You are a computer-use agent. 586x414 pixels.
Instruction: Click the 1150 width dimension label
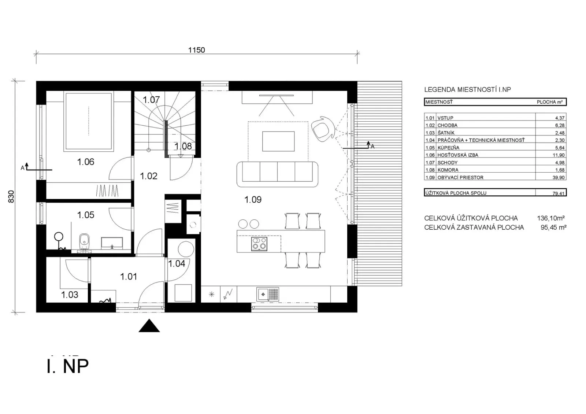196,50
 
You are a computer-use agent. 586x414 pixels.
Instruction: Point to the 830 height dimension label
11,196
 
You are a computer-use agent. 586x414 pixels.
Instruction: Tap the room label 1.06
86,162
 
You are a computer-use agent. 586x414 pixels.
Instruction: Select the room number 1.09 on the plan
253,200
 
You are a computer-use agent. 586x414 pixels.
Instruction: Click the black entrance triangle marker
149,326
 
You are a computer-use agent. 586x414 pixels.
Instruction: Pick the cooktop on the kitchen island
259,244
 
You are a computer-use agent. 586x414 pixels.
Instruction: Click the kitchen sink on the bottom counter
268,294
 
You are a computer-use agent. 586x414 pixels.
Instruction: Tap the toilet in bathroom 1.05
84,241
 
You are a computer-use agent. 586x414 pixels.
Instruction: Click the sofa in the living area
277,174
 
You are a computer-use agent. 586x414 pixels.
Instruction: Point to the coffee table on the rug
278,141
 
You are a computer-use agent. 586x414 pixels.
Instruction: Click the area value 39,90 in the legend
559,177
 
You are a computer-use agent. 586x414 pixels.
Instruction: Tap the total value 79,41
559,193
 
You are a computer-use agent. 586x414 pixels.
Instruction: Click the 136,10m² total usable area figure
551,218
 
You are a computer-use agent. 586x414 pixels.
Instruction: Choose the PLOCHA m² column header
550,102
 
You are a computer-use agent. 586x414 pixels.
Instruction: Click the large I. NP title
68,366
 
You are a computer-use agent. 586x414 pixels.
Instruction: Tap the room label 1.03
70,295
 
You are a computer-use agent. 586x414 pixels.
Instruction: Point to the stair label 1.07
151,100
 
